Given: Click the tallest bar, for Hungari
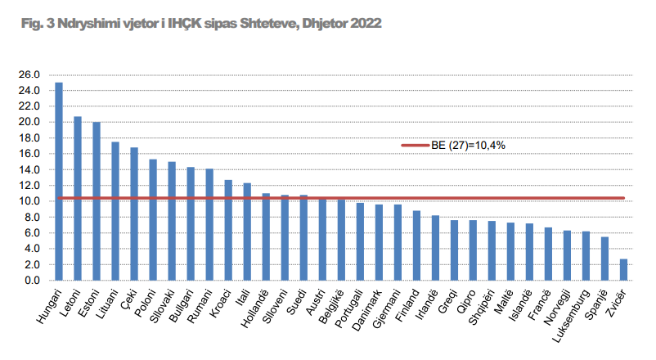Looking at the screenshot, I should [x=59, y=181].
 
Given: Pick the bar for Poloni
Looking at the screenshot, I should [x=153, y=219].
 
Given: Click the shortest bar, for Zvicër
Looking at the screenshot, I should [x=623, y=270].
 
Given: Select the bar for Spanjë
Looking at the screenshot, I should [x=604, y=259].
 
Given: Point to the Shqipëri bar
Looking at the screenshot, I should [x=492, y=250].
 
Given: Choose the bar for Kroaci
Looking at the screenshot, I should [x=228, y=230].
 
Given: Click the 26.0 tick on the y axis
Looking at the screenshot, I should [x=29, y=74].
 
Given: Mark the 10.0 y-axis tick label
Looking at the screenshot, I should [x=29, y=201].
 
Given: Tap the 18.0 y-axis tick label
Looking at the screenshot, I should [x=29, y=137].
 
